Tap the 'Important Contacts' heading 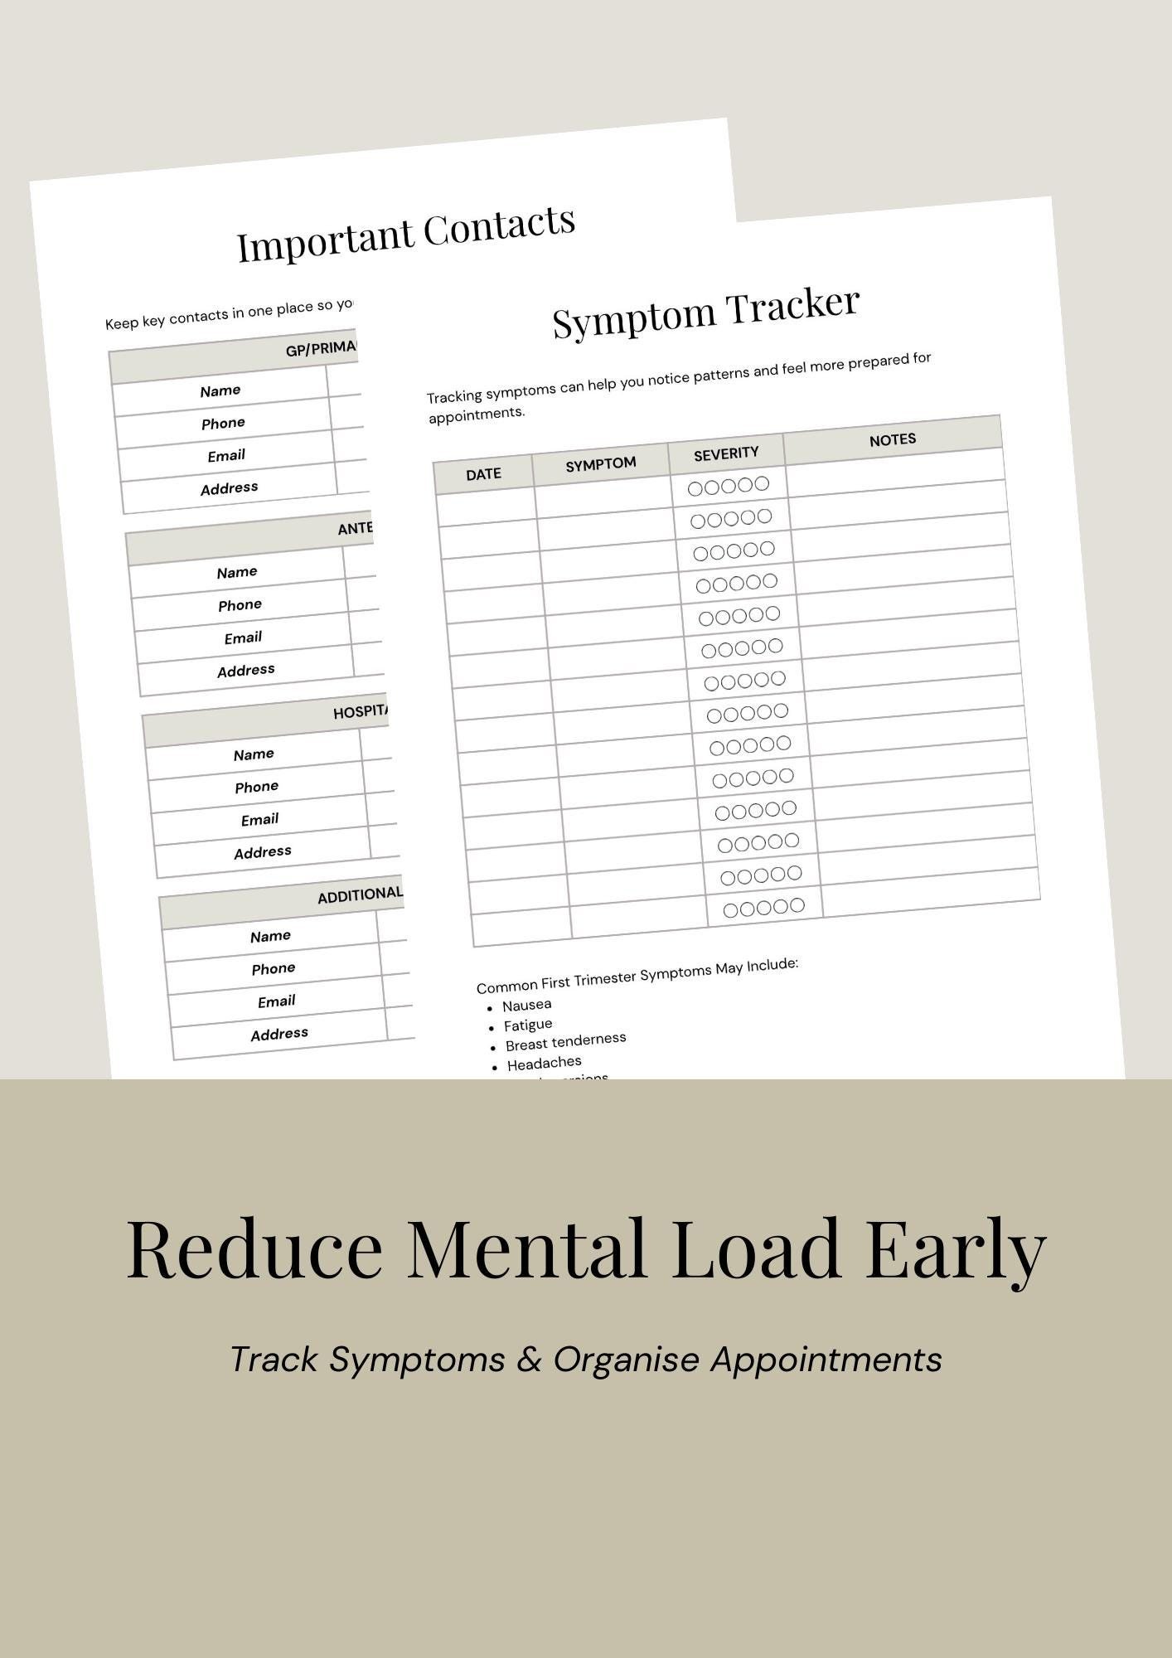click(406, 234)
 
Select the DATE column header click(483, 474)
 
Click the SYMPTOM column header click(601, 464)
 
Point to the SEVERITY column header click(726, 453)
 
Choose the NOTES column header click(893, 440)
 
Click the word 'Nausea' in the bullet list click(526, 1006)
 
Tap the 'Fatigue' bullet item click(528, 1025)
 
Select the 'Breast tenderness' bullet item click(565, 1042)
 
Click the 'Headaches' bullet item click(544, 1063)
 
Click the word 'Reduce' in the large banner click(254, 1249)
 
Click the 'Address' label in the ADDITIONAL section click(279, 1034)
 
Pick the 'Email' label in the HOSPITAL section click(259, 820)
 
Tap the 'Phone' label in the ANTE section click(240, 605)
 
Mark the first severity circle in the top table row click(695, 489)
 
